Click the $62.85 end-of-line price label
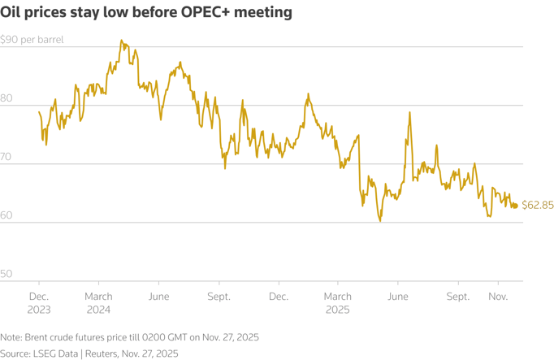[536, 206]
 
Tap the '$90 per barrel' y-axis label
[32, 39]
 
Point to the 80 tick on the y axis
[6, 98]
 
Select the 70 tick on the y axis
[6, 157]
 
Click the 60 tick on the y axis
[6, 215]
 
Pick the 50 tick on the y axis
[6, 274]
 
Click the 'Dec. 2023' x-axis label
[39, 303]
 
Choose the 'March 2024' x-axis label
[98, 303]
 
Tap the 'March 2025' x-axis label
[337, 303]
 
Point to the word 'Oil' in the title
[14, 14]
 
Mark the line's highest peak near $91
[121, 40]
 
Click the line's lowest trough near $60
[379, 221]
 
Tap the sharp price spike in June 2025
[409, 112]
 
